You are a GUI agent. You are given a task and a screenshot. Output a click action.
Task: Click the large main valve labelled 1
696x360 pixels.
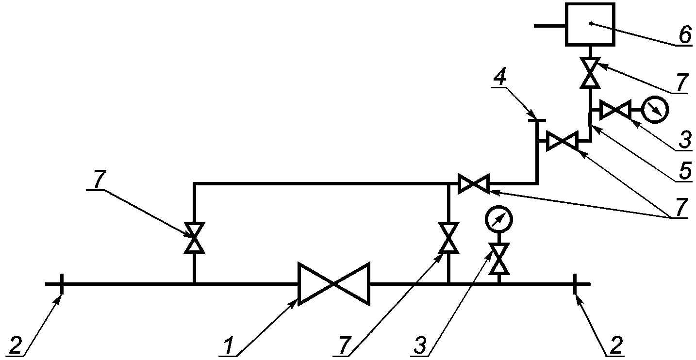pos(334,284)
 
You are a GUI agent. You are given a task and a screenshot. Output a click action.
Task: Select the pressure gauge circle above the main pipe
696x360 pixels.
pos(498,219)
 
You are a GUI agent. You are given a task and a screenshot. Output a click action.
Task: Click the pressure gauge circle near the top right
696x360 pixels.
pos(655,110)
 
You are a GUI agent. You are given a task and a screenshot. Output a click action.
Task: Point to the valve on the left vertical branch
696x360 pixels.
pos(194,238)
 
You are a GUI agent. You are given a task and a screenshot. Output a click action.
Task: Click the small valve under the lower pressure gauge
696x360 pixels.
pos(499,259)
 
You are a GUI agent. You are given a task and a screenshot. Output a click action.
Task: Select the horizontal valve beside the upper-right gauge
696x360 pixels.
pos(615,110)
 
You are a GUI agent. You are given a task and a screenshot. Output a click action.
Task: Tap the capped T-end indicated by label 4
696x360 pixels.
pos(537,120)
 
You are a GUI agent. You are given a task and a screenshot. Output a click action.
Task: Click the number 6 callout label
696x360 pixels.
pos(685,35)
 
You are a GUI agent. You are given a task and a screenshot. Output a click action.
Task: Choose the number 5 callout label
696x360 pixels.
pos(685,170)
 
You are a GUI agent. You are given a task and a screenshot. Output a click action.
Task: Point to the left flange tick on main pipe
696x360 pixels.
pos(62,284)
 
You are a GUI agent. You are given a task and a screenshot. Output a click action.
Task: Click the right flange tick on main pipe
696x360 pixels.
pos(575,284)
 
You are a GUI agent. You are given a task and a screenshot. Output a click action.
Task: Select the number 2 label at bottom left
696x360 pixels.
pos(16,345)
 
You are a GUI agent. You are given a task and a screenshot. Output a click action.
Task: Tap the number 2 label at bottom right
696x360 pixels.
pos(616,345)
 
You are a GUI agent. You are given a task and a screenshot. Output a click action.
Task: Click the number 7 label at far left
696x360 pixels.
pos(99,179)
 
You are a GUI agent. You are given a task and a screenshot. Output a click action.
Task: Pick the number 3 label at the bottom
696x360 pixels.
pos(420,345)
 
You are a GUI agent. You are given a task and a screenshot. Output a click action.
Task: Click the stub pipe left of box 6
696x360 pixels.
pos(549,26)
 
